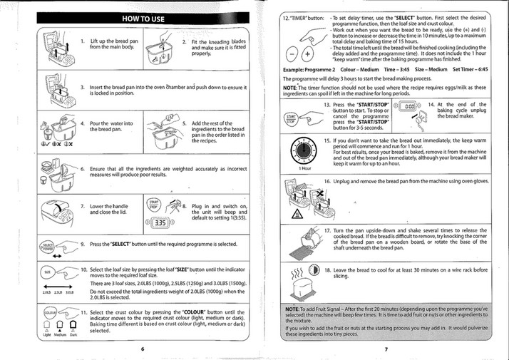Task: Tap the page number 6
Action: [143, 349]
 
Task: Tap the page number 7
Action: [386, 349]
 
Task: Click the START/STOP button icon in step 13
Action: [292, 118]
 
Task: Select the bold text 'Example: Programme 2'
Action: [308, 69]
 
